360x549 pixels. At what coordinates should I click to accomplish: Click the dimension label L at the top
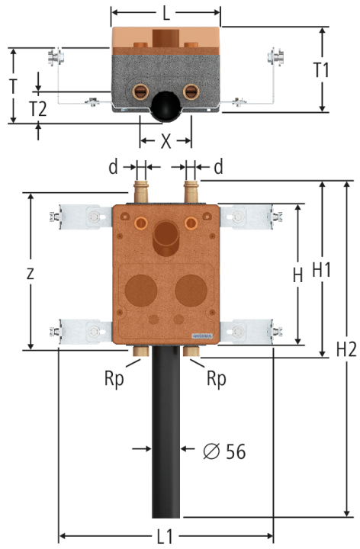coord(166,13)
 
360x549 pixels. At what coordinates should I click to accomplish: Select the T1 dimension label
coord(321,70)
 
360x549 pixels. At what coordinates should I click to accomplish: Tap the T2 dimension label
coord(38,109)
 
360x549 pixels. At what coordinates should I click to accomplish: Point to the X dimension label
coord(166,141)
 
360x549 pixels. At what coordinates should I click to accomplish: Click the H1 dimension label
coord(321,270)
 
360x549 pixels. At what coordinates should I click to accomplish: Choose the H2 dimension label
coord(346,349)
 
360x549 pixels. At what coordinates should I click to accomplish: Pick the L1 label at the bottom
coord(165,536)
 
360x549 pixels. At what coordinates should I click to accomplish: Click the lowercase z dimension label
coord(30,274)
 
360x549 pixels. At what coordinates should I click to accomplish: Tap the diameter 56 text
coord(224,451)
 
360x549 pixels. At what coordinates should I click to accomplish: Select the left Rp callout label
coord(114,379)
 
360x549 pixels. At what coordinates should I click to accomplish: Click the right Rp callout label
coord(217,379)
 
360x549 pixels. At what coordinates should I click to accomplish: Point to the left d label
coord(113,167)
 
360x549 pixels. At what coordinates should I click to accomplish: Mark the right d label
coord(218,167)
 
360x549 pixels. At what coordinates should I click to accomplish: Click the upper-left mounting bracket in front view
coord(82,217)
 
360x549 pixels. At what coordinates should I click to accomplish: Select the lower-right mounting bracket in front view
coord(251,331)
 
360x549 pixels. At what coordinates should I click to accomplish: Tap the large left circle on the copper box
coord(141,291)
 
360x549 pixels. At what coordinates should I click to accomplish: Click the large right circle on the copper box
coord(191,291)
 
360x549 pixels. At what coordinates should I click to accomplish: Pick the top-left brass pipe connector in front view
coord(141,191)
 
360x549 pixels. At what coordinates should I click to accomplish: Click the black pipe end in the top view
coord(166,107)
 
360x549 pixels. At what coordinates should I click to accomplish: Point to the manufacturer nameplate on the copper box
coord(202,336)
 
